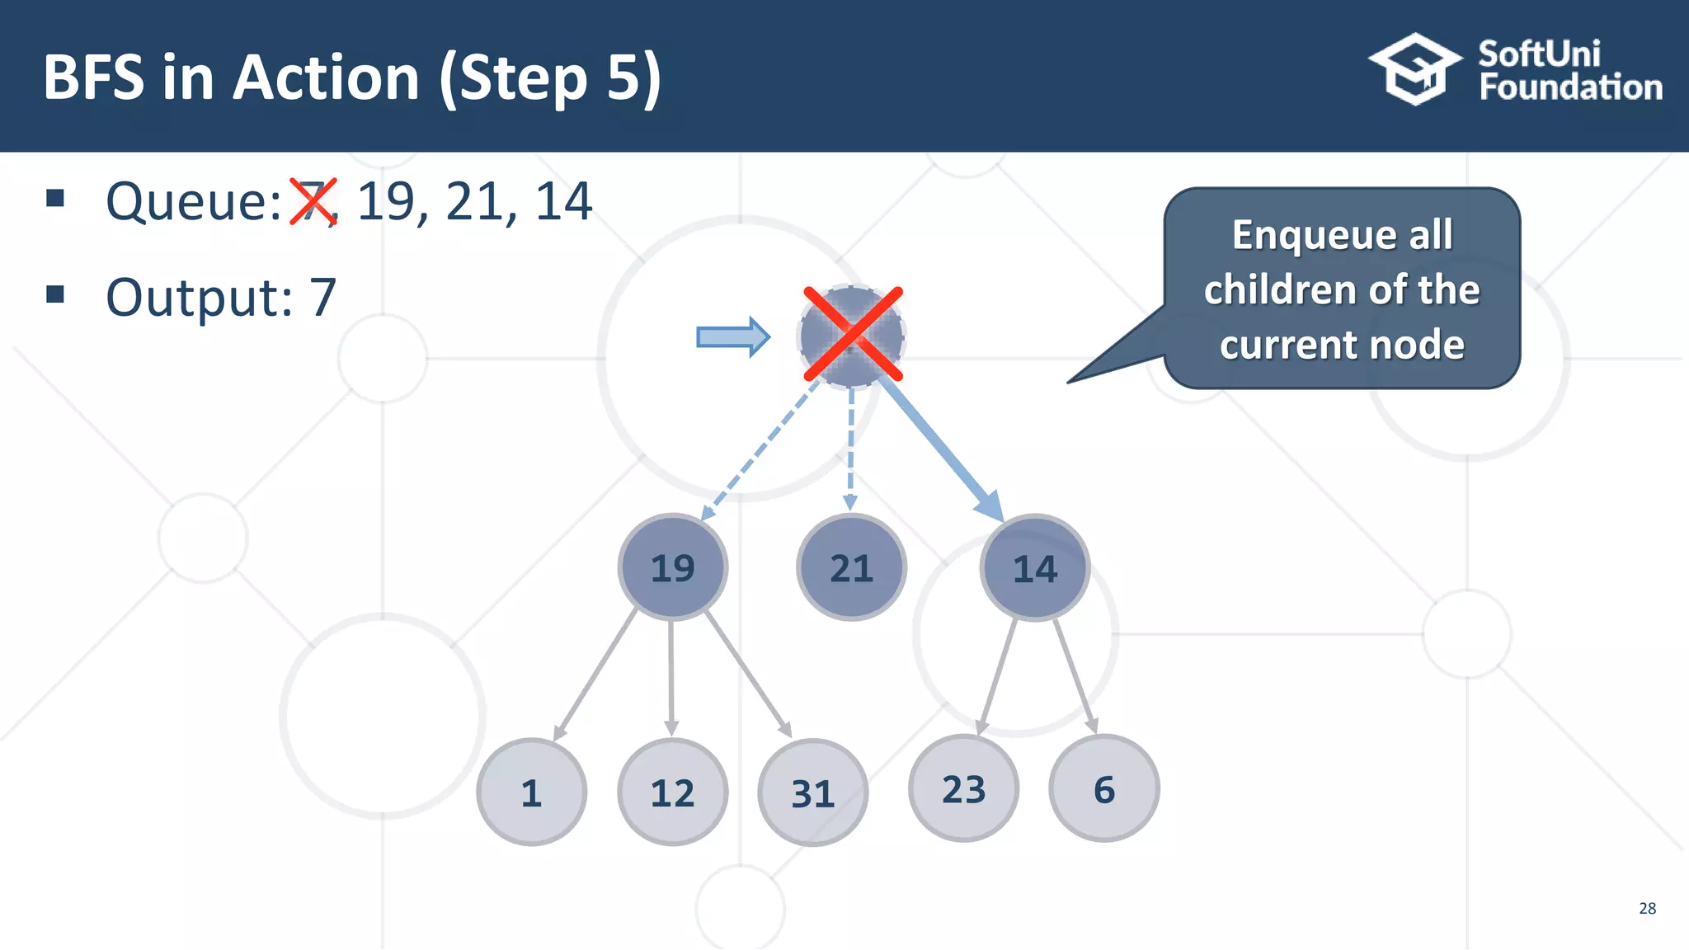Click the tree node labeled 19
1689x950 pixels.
coord(673,567)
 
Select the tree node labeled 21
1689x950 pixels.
coord(851,567)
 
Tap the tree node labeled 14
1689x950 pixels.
coord(1034,568)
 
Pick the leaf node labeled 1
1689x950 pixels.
coord(531,792)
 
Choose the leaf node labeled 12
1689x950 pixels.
coord(672,792)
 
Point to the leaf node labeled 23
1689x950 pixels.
coord(963,789)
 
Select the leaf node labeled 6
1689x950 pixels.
coord(1103,789)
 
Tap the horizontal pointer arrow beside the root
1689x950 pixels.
coord(732,336)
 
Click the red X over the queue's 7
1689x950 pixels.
coord(313,201)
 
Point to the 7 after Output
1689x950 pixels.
coord(322,297)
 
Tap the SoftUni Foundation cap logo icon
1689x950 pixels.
coord(1415,69)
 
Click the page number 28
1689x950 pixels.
coord(1647,908)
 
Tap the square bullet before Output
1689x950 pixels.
coord(55,294)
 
